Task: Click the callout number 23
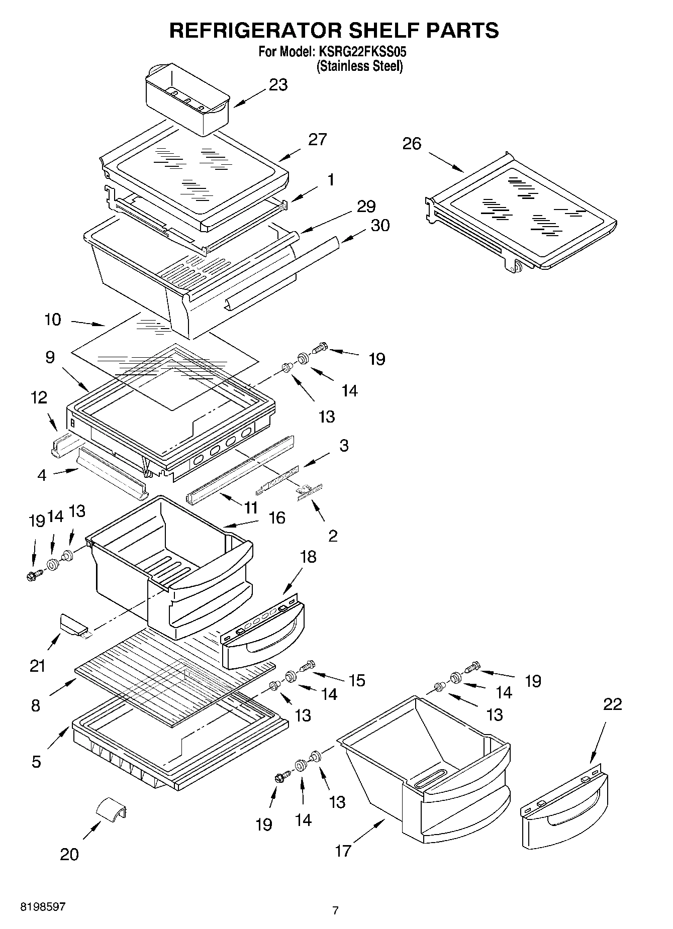278,85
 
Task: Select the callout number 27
317,139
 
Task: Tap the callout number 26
412,144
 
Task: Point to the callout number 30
380,226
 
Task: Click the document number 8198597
43,907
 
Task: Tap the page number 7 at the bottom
335,910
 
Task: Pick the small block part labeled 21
74,625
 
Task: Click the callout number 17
343,851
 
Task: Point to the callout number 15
357,680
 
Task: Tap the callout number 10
53,320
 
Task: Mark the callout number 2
333,536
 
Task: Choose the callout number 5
36,762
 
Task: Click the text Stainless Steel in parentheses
360,66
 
